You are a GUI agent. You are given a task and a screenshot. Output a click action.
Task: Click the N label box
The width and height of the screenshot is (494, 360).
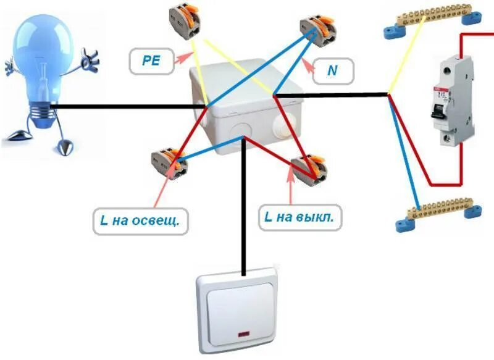pyautogui.click(x=333, y=70)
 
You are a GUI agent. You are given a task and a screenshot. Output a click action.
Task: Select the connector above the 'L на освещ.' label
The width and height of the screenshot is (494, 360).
pyautogui.click(x=168, y=163)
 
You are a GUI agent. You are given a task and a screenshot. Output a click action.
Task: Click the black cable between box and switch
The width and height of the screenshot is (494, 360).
pyautogui.click(x=245, y=210)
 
